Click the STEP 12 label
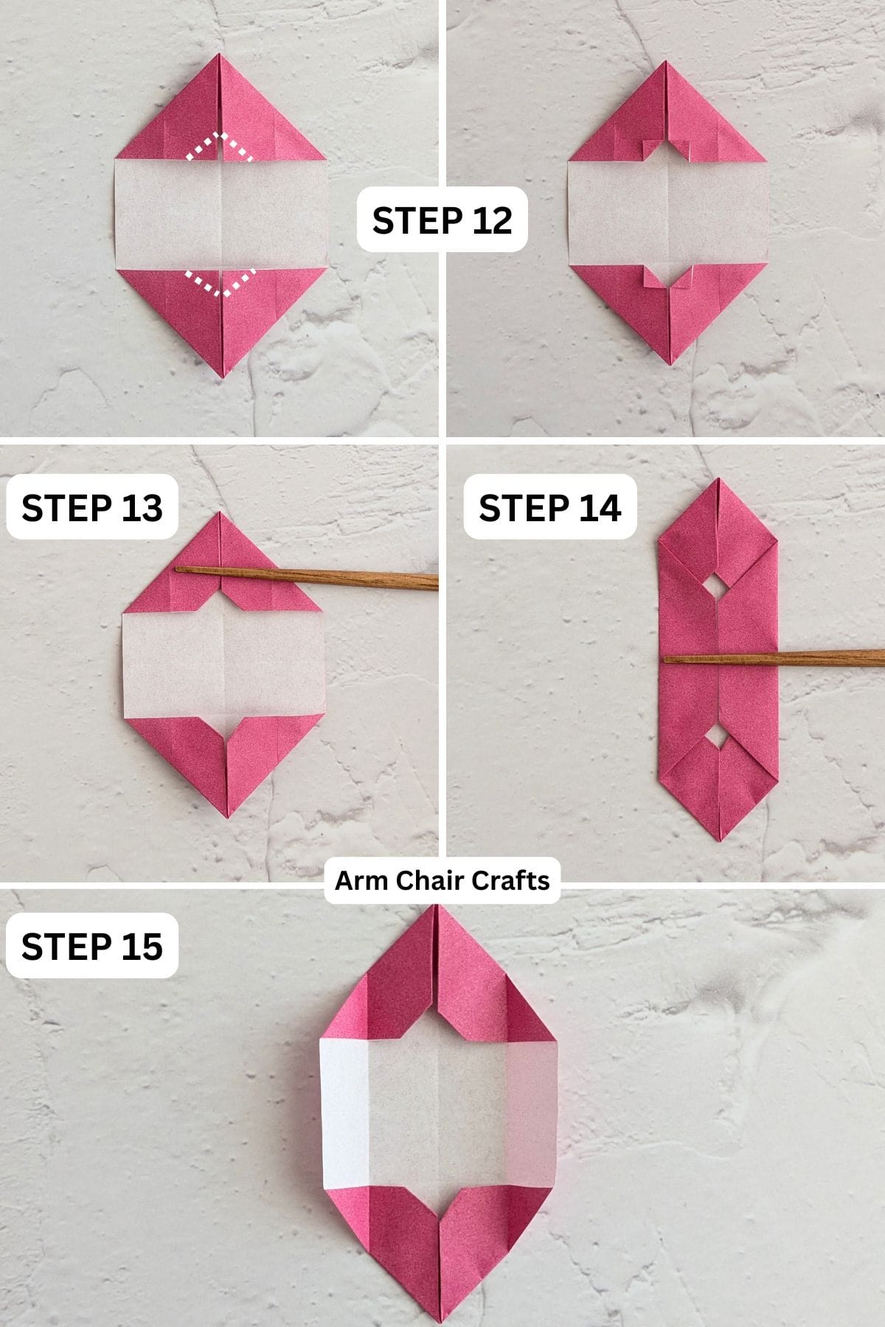tap(442, 220)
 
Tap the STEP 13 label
tap(92, 507)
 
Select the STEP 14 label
tap(549, 507)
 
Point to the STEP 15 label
tap(92, 946)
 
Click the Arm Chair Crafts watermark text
tap(442, 880)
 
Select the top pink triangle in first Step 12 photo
tap(221, 111)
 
